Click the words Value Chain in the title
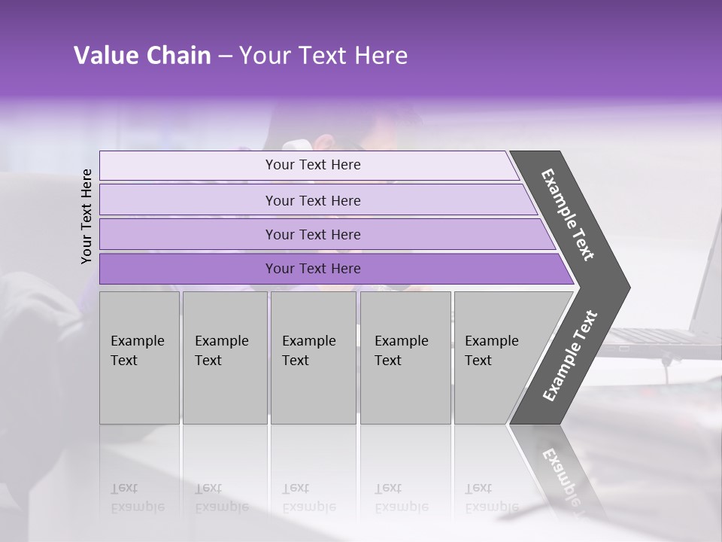click(142, 56)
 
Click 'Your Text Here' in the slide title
click(323, 56)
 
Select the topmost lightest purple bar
click(308, 165)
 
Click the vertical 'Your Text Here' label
click(86, 216)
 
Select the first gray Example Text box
click(139, 358)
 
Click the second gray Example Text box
click(224, 358)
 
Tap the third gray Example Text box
click(313, 358)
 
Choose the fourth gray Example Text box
click(405, 358)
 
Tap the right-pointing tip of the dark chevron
click(623, 288)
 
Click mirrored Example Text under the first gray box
click(137, 498)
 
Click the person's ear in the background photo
click(325, 141)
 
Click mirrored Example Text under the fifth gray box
click(491, 498)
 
